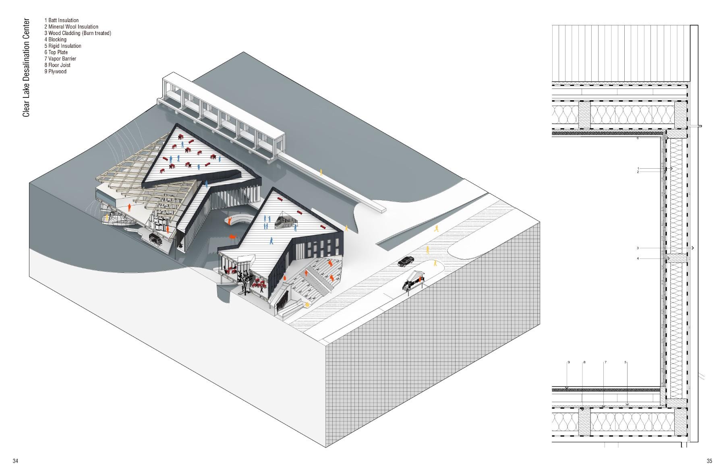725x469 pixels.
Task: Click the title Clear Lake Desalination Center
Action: (x=26, y=68)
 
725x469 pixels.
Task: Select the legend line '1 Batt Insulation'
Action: (x=62, y=20)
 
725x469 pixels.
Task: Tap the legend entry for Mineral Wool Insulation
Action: (x=71, y=27)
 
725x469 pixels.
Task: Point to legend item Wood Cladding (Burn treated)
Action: (x=78, y=33)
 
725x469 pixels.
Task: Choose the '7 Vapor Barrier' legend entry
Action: (x=60, y=59)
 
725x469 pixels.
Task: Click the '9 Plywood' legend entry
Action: (x=56, y=72)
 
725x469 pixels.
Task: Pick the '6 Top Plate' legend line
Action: (x=56, y=52)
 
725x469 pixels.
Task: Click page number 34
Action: (x=15, y=461)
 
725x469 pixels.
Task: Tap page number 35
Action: (x=709, y=461)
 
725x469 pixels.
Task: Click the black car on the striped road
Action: (x=406, y=261)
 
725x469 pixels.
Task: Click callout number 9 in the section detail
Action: (x=569, y=362)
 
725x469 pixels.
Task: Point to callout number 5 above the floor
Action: (x=626, y=362)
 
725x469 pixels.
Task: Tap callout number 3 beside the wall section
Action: (x=638, y=248)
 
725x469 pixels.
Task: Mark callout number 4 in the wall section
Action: (x=638, y=258)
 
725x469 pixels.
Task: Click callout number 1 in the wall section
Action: (x=638, y=168)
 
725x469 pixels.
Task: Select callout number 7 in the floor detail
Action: (x=605, y=362)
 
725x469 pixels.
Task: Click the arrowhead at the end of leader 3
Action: (x=693, y=248)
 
